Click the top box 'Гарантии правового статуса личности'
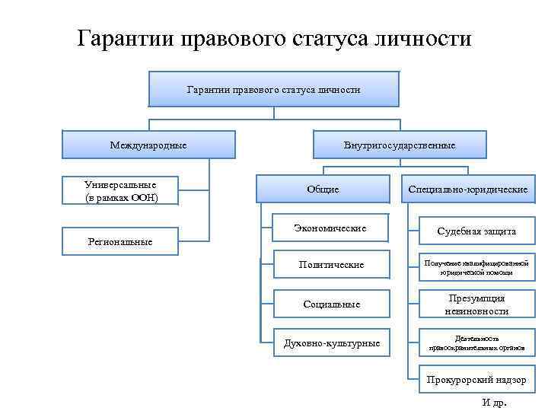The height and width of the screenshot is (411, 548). coord(273,90)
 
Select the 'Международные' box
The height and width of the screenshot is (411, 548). coord(148,145)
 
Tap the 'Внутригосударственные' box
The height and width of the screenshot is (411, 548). coord(400,145)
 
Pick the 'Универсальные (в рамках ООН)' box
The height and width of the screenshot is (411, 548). coord(121,191)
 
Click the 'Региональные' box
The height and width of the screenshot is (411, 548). coord(120,242)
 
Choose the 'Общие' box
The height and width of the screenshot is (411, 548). coord(323,190)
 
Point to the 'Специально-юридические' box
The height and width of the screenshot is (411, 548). coord(467,190)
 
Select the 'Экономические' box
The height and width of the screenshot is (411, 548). coord(330,228)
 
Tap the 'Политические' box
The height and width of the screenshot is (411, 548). coord(330,265)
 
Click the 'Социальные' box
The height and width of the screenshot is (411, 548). coord(331,304)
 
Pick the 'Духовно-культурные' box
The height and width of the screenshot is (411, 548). coord(331,343)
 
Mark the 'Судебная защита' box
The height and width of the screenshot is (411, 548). coord(476,231)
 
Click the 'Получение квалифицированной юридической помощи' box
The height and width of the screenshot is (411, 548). coord(476,266)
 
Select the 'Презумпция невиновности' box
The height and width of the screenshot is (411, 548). coord(476,304)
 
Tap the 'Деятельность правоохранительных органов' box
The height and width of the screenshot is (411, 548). coord(476,343)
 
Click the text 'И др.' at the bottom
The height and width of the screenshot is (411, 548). coord(495,403)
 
